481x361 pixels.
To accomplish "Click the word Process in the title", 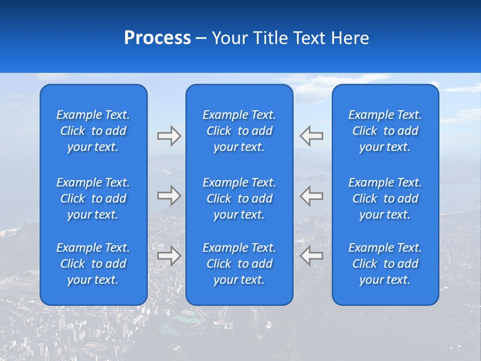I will coord(157,38).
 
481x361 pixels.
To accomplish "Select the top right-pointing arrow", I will coord(169,136).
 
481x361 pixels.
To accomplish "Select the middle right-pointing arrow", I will coord(169,196).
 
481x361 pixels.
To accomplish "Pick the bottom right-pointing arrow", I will coord(169,256).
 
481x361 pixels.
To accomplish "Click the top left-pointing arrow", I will coord(311,136).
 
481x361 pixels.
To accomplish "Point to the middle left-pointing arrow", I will coord(311,196).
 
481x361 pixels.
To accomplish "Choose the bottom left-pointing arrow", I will coord(311,256).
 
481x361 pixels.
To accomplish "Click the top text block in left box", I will coord(93,131).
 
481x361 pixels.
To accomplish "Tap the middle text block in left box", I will coord(93,199).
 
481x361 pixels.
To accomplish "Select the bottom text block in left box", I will coord(93,264).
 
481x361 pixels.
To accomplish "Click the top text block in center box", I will coord(239,131).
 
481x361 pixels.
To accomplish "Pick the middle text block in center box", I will coord(239,199).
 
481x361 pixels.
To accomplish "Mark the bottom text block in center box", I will coord(239,264).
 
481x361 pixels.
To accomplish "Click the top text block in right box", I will coord(385,131).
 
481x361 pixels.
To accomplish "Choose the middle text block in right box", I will coord(385,199).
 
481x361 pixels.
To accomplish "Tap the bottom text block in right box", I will coord(385,264).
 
